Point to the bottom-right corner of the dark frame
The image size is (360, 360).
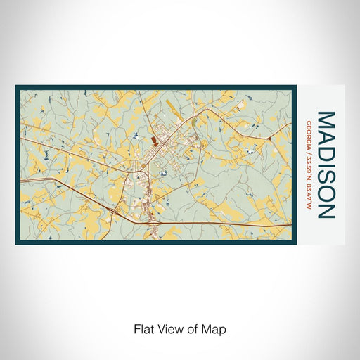[x=296, y=243]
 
